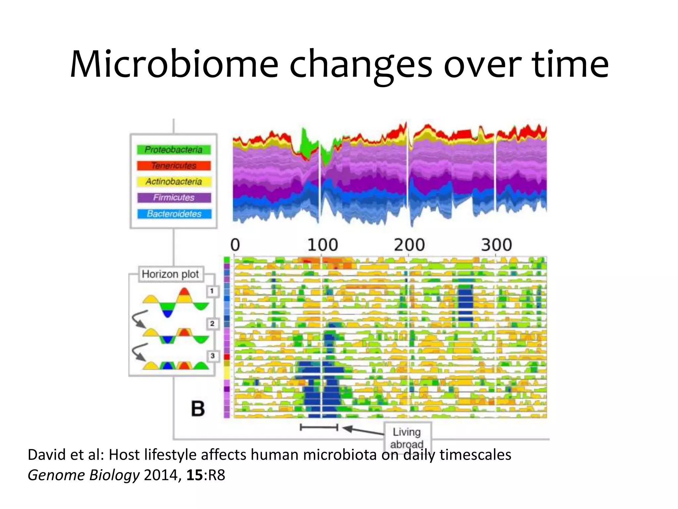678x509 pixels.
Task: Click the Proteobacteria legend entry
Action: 174,150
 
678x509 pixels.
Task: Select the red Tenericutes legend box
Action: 174,166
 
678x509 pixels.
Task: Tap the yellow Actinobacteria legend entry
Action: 174,182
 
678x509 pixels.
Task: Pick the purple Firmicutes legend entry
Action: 174,198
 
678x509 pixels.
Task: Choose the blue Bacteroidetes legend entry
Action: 174,214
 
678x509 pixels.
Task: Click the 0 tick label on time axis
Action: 235,245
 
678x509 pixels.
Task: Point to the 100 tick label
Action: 322,245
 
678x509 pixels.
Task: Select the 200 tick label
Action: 409,245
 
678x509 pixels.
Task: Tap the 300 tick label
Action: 496,245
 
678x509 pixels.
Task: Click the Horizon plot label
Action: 170,274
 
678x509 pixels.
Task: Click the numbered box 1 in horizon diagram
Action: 212,291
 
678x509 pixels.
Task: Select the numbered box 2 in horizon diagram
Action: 212,323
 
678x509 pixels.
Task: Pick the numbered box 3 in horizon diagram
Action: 212,356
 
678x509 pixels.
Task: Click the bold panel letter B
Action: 198,409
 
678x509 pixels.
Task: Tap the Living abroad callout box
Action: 408,437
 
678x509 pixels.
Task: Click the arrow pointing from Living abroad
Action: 363,430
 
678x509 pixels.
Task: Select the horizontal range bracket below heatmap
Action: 319,427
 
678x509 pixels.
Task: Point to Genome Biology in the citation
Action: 84,475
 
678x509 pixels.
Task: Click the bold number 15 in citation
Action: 194,475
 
